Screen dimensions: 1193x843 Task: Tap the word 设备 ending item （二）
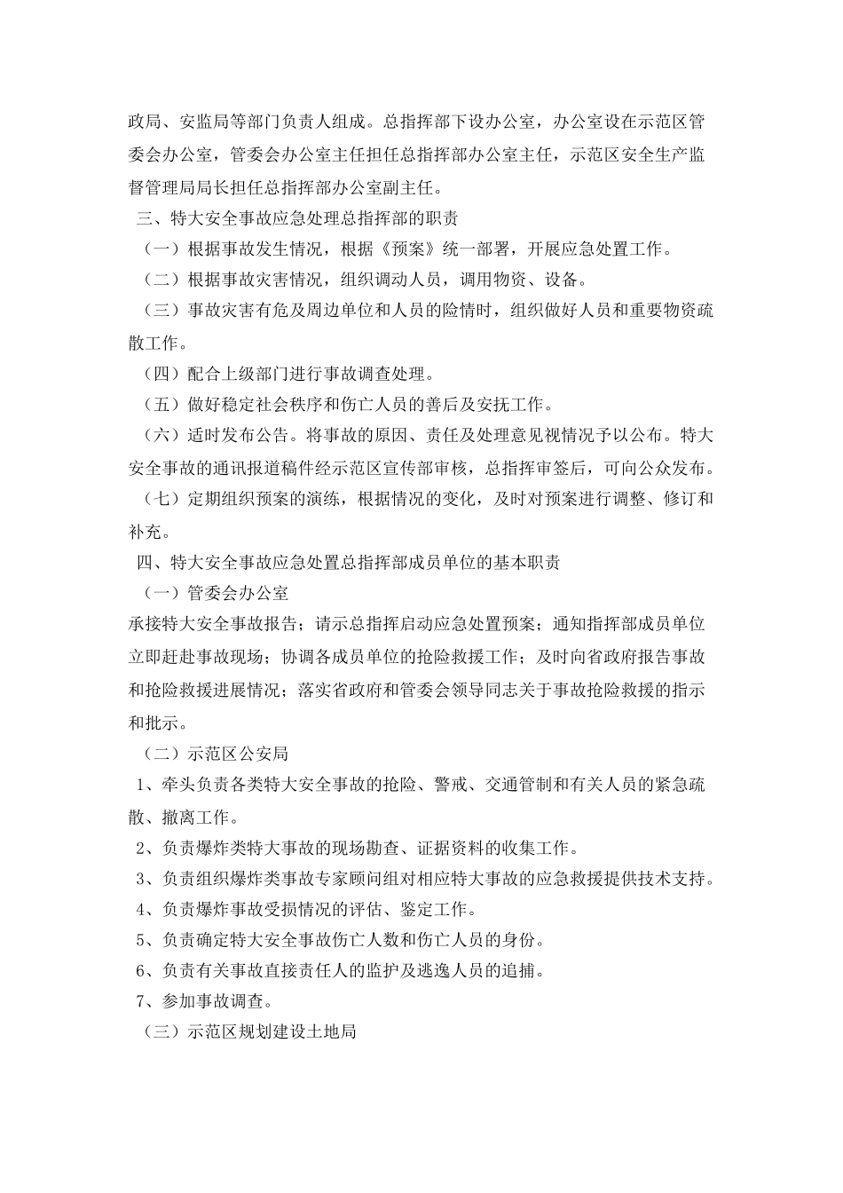pos(562,280)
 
